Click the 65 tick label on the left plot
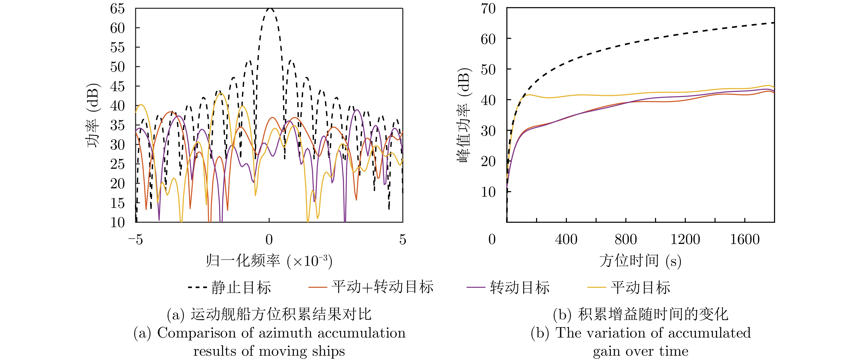(x=117, y=9)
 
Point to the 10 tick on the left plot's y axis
(x=117, y=222)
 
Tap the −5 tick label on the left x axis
(x=135, y=239)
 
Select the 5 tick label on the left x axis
(x=402, y=239)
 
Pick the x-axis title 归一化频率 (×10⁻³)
(x=269, y=261)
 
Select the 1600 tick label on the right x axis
(x=745, y=239)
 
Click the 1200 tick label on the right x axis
(x=685, y=239)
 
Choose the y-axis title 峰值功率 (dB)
(x=464, y=115)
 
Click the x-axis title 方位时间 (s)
(x=640, y=261)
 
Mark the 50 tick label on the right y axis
(x=488, y=70)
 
